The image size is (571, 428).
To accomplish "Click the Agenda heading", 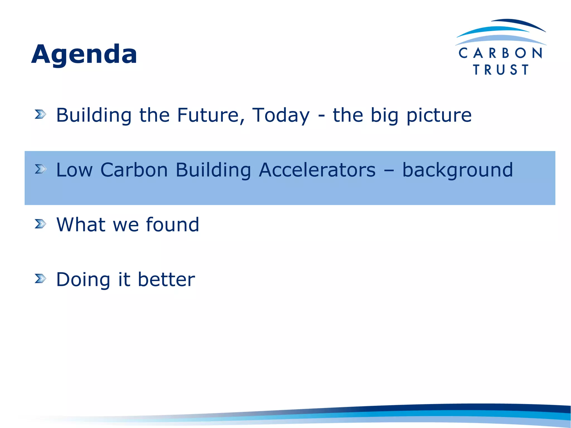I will coord(84,54).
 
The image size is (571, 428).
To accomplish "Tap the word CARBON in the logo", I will coord(500,53).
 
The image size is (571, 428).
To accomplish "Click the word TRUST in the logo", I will coord(501,70).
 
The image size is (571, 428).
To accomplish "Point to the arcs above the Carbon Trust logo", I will coord(501,32).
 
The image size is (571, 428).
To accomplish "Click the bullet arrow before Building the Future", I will coord(40,114).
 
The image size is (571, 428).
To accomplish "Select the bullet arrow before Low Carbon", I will coord(40,169).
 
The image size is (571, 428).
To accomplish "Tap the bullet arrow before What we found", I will coord(40,224).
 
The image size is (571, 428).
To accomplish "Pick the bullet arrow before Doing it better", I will coord(40,278).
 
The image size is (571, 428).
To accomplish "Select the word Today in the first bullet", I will coord(281,115).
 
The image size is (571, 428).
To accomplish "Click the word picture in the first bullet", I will coord(439,115).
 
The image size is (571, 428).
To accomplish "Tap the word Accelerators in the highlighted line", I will coord(317,170).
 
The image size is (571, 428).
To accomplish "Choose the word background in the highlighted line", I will coord(457,170).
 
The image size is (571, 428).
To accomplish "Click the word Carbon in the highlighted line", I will coord(134,170).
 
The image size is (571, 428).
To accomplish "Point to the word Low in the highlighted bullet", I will coord(74,170).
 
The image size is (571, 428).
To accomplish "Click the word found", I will coord(173,225).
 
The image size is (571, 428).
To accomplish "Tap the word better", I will coord(166,279).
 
